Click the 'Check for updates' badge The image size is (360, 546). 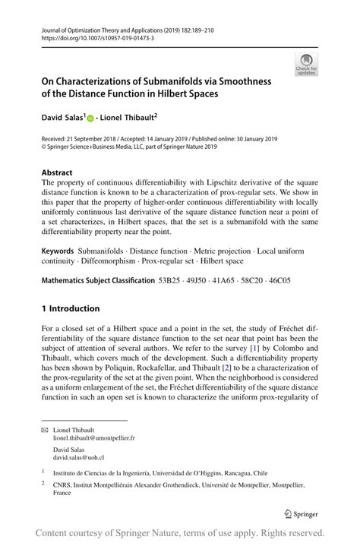(x=306, y=65)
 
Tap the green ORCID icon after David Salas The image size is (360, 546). (x=90, y=118)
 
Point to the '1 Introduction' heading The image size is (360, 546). (x=71, y=308)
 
